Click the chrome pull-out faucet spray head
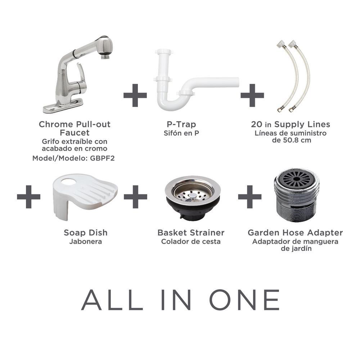(x=104, y=47)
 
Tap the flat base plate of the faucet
(x=63, y=106)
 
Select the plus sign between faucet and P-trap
(x=135, y=95)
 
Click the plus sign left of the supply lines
(x=252, y=95)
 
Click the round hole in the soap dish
(x=69, y=181)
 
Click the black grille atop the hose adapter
(x=296, y=179)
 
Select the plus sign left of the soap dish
(x=28, y=197)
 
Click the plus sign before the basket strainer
(x=135, y=197)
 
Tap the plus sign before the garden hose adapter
(x=250, y=197)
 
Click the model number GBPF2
(x=102, y=158)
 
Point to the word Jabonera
(x=86, y=242)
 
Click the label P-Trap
(x=181, y=124)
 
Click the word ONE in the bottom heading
(x=244, y=300)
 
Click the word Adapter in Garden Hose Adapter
(x=325, y=233)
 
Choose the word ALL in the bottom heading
(x=112, y=300)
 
